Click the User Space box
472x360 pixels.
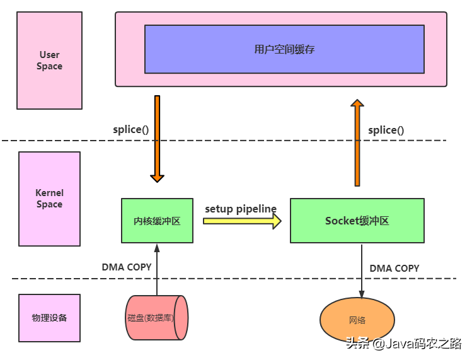pyautogui.click(x=50, y=61)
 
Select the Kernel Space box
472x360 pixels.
pyautogui.click(x=50, y=199)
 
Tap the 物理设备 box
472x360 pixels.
pyautogui.click(x=50, y=318)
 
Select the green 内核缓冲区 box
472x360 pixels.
pyautogui.click(x=157, y=221)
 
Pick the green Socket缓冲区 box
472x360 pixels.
pyautogui.click(x=357, y=221)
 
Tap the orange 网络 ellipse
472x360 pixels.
pyautogui.click(x=357, y=320)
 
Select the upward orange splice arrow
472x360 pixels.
pyautogui.click(x=357, y=142)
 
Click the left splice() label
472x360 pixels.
pyautogui.click(x=130, y=129)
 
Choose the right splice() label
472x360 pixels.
pyautogui.click(x=386, y=130)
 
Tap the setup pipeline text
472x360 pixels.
pyautogui.click(x=241, y=209)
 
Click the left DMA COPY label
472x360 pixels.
pyautogui.click(x=127, y=267)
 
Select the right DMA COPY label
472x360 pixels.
pyautogui.click(x=394, y=268)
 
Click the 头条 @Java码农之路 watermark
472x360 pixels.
pyautogui.click(x=403, y=344)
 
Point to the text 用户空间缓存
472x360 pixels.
pyautogui.click(x=284, y=49)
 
